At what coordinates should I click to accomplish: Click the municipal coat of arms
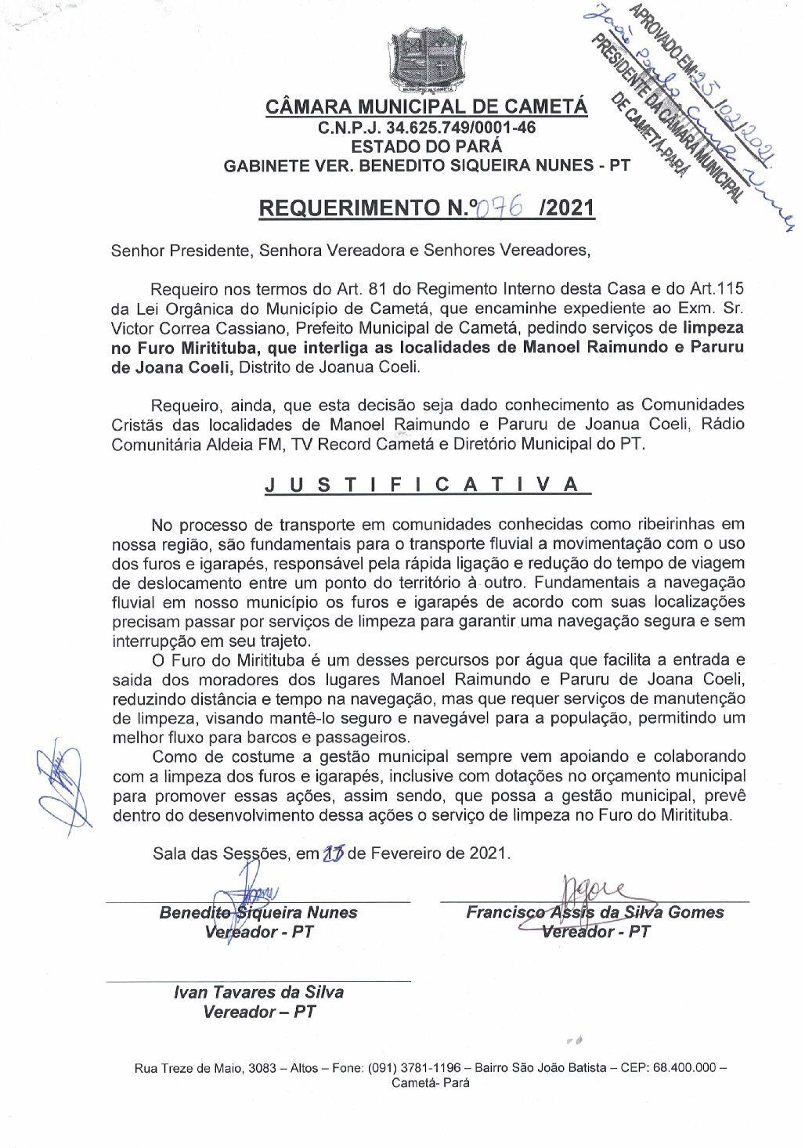click(428, 60)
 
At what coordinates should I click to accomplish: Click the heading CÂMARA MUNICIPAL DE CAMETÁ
click(427, 106)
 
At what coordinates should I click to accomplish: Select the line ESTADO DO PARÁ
click(427, 146)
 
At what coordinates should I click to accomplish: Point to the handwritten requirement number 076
click(500, 208)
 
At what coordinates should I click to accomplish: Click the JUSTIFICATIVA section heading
click(428, 484)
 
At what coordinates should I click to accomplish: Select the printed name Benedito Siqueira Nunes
click(258, 912)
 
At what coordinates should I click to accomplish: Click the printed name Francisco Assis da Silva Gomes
click(595, 912)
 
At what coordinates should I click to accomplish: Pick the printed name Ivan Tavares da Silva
click(258, 992)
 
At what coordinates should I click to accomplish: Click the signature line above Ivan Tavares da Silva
click(258, 980)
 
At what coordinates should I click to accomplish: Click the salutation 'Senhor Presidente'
click(180, 251)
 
